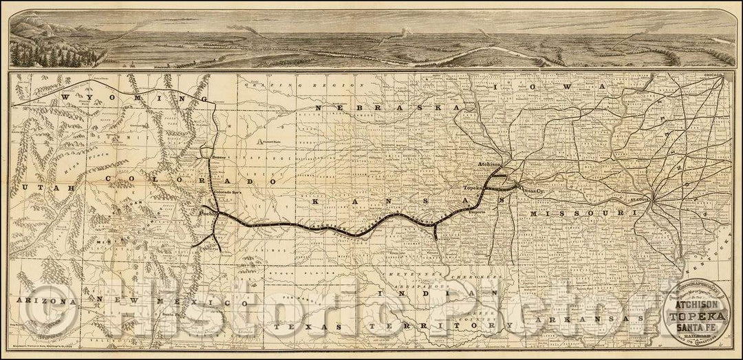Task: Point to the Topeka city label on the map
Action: (474, 187)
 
